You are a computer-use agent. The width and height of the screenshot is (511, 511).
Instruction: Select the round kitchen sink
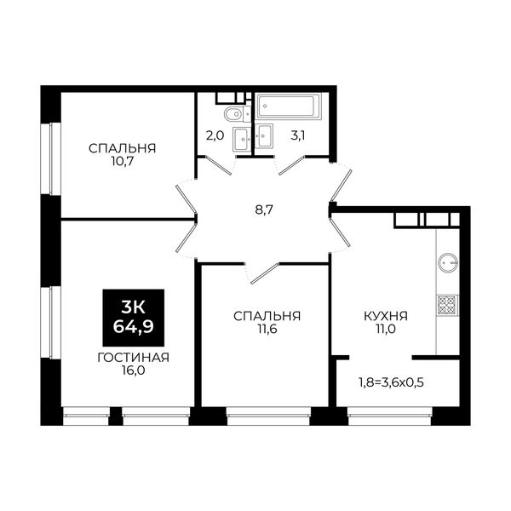448,262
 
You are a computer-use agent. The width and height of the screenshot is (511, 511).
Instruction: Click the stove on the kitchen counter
447,305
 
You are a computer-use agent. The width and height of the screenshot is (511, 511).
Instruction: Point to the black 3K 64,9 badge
134,318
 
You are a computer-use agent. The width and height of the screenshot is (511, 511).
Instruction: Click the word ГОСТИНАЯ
134,358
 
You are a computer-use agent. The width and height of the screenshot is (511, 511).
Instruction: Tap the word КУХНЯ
386,316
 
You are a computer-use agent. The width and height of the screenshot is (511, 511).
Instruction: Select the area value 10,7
122,161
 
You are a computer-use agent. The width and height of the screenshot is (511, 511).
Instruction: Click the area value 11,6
267,329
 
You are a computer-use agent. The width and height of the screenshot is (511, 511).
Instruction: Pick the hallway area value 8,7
264,210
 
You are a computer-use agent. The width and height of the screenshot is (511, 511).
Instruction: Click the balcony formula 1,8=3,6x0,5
391,382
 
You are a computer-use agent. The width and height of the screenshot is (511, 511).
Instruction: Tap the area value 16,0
133,370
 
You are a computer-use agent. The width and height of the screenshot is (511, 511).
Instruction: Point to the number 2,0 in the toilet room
215,135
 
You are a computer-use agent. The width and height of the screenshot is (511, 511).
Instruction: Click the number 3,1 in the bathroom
298,135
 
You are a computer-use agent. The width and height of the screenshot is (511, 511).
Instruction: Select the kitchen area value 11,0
386,329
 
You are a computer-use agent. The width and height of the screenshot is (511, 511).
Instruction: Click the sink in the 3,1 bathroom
264,135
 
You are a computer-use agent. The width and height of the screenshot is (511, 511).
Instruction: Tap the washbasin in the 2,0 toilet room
242,139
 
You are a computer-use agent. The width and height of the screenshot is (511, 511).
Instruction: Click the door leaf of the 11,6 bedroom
265,273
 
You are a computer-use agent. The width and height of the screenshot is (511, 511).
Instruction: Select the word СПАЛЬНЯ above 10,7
122,148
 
